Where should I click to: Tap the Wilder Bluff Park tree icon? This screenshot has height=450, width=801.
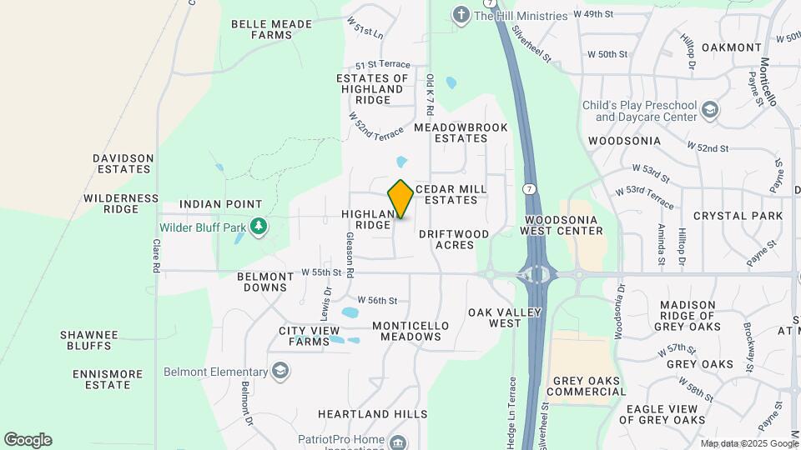[259, 226]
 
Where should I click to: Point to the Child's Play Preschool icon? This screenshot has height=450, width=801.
[710, 110]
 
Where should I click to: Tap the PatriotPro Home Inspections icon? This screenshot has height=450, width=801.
[398, 442]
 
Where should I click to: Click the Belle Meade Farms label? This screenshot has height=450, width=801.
[271, 30]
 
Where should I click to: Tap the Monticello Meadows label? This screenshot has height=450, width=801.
[411, 331]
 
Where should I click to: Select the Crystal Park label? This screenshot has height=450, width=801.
[737, 216]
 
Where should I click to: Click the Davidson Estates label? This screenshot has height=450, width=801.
[123, 163]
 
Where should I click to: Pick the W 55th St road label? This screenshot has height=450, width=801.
[322, 272]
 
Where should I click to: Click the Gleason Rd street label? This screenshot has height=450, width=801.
[350, 255]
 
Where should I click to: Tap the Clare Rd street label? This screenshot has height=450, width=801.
[155, 257]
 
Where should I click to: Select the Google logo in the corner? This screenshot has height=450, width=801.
[28, 440]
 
